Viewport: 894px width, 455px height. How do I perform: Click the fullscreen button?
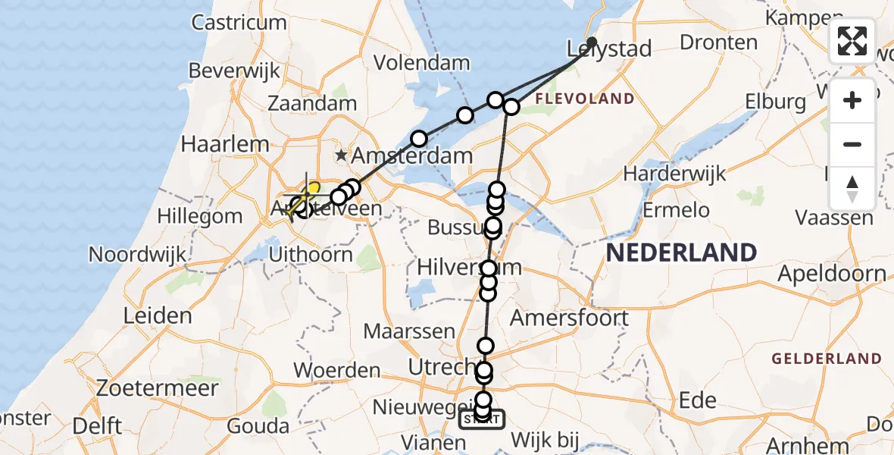pyautogui.click(x=852, y=41)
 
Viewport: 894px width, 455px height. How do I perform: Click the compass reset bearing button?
pyautogui.click(x=852, y=189)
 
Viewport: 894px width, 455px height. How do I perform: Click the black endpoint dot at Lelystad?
pyautogui.click(x=592, y=42)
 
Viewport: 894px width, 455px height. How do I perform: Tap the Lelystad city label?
pyautogui.click(x=609, y=50)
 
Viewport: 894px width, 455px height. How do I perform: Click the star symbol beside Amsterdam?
pyautogui.click(x=342, y=156)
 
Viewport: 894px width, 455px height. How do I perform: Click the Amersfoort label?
pyautogui.click(x=569, y=317)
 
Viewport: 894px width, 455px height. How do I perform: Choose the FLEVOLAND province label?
pyautogui.click(x=585, y=99)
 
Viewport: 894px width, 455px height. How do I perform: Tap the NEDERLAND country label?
pyautogui.click(x=681, y=252)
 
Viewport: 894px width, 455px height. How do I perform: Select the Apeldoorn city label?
pyautogui.click(x=832, y=274)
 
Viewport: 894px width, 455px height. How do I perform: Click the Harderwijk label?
pyautogui.click(x=674, y=174)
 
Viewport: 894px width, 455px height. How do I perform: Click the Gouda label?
pyautogui.click(x=258, y=426)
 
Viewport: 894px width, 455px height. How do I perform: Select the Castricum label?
pyautogui.click(x=239, y=23)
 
